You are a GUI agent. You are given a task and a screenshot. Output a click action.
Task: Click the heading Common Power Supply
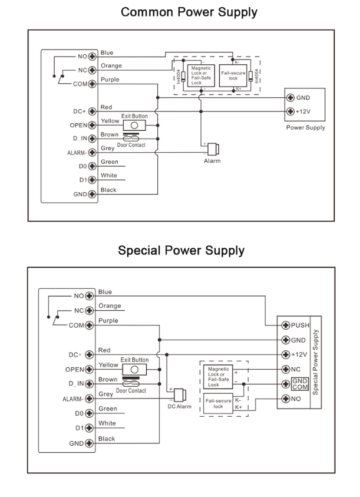180,12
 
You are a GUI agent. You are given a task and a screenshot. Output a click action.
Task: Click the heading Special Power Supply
180,251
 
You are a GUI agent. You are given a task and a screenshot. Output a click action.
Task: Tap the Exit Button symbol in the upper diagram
134,125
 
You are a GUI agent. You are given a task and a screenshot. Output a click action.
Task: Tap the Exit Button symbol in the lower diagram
134,370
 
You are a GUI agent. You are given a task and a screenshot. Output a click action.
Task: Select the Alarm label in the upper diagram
212,161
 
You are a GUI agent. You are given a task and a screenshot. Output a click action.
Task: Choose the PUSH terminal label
300,325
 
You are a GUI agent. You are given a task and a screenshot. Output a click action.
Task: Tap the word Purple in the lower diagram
109,321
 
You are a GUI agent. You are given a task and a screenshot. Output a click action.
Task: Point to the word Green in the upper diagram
109,162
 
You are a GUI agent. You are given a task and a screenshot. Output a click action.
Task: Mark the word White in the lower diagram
108,423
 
